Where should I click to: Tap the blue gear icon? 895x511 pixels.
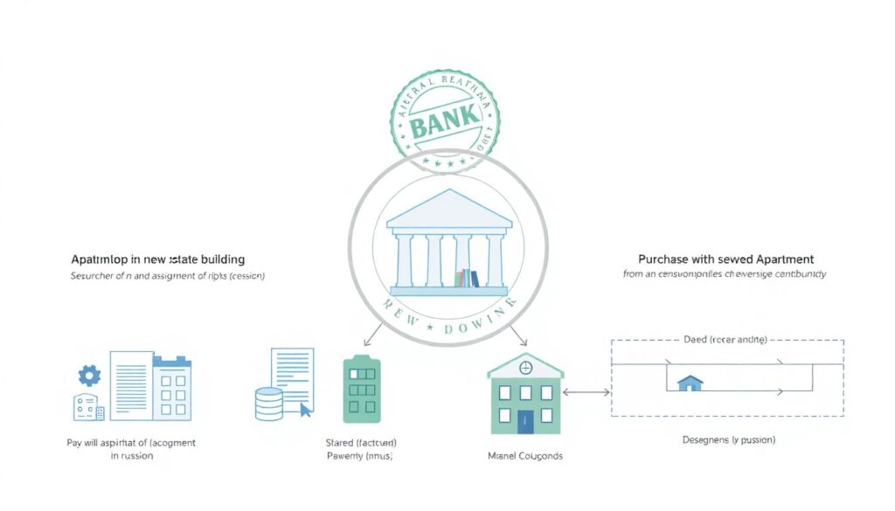coord(89,375)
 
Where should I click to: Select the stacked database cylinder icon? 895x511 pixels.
coord(268,404)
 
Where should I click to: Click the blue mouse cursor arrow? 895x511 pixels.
coord(304,409)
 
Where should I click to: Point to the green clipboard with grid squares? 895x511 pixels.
coord(361,389)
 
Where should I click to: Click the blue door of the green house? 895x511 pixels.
coord(525,421)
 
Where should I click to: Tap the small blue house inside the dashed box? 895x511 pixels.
coord(690,383)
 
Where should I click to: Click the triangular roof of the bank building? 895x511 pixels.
coord(448,208)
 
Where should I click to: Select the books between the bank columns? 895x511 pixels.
coord(466,279)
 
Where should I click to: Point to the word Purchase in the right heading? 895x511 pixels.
coord(662,259)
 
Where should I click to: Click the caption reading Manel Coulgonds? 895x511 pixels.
coord(524,456)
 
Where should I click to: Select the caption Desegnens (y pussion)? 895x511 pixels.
coord(728,440)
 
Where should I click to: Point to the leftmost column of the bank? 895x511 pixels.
coord(404,259)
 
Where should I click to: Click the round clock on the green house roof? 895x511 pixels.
coord(525,368)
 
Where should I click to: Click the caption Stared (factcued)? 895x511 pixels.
coord(360,443)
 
